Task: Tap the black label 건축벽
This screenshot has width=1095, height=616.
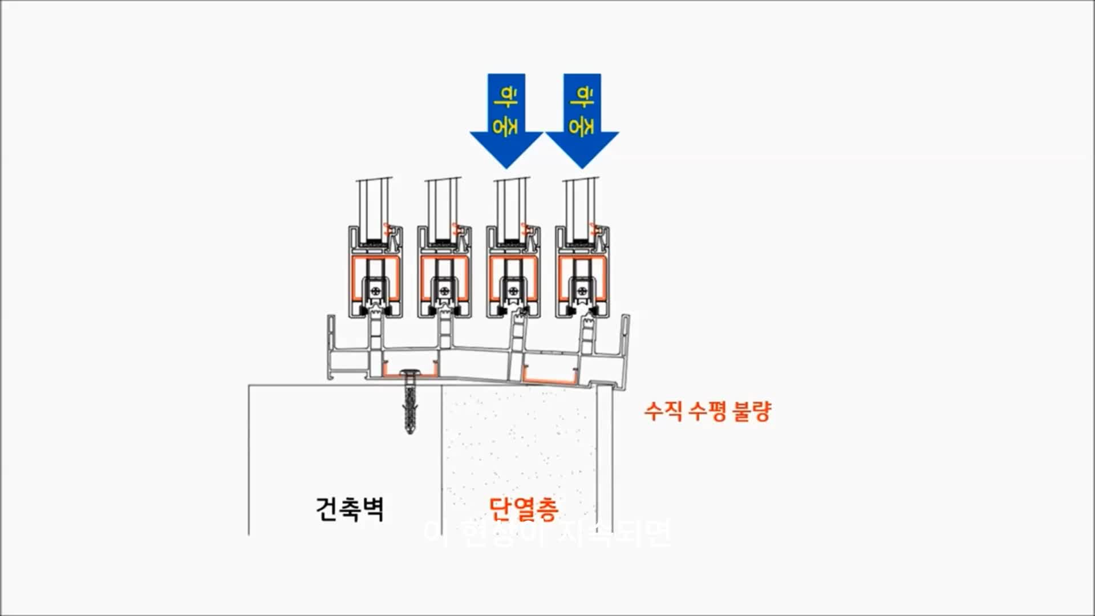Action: [x=349, y=509]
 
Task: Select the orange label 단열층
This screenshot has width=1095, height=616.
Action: [x=523, y=509]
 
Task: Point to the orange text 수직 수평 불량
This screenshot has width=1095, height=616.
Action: [x=707, y=411]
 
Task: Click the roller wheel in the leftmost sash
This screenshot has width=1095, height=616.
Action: [x=375, y=291]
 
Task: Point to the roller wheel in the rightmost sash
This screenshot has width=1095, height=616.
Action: [x=582, y=291]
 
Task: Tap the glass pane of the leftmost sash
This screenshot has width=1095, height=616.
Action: [x=374, y=205]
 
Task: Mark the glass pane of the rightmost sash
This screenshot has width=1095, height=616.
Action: [x=580, y=205]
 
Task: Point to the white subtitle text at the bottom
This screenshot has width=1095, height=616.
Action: [x=547, y=533]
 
